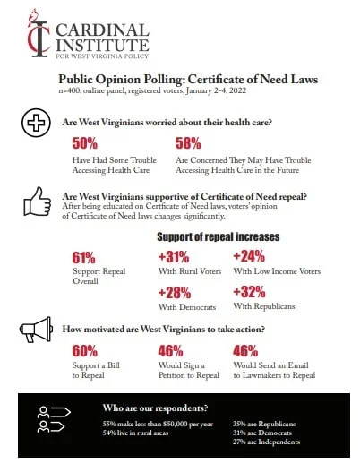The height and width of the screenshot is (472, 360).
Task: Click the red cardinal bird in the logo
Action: [x=33, y=16]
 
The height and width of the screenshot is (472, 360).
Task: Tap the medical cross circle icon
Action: [x=36, y=123]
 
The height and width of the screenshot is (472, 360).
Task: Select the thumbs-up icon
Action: [x=37, y=202]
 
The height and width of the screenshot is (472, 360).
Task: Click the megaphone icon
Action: [x=36, y=329]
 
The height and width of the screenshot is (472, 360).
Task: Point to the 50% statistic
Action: [x=84, y=143]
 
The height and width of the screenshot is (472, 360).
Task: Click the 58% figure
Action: [x=188, y=143]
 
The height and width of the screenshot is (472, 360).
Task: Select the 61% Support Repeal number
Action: [x=83, y=258]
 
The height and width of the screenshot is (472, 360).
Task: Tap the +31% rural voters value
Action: [x=174, y=257]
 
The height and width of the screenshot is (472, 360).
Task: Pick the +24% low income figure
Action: [x=249, y=256]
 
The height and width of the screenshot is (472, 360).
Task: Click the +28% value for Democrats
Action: [x=175, y=293]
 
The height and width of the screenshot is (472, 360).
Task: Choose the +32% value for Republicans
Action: [x=249, y=292]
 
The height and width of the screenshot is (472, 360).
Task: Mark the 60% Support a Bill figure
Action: [x=84, y=351]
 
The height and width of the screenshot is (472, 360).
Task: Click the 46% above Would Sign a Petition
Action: [x=170, y=351]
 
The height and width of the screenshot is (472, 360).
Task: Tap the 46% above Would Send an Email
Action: [x=245, y=351]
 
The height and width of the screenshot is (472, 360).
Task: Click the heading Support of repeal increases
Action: [x=219, y=237]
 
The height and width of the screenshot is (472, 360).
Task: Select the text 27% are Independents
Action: [x=266, y=442]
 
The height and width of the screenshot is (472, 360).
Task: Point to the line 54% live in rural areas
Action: [x=135, y=433]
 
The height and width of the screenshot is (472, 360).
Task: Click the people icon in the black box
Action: [x=54, y=419]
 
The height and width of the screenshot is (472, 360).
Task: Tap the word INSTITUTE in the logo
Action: [x=102, y=45]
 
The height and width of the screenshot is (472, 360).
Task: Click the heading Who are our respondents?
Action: [x=155, y=408]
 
